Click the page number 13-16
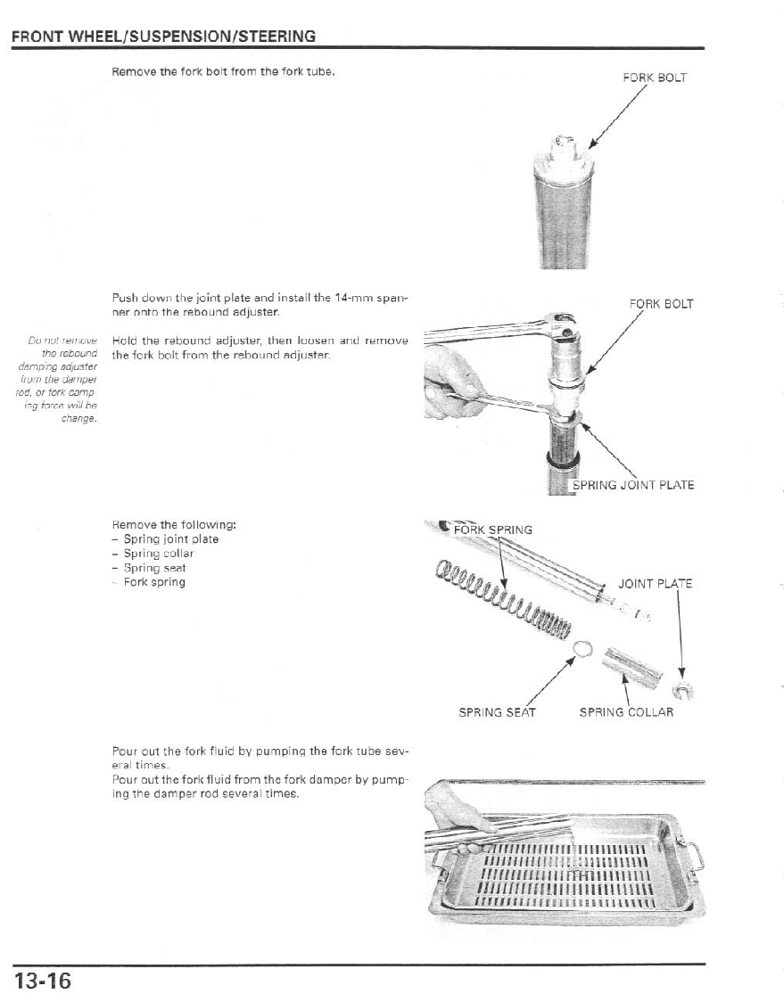click(x=42, y=981)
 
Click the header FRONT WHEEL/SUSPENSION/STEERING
click(x=163, y=37)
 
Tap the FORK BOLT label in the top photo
click(x=655, y=78)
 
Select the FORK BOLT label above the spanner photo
click(x=661, y=304)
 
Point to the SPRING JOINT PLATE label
click(x=632, y=486)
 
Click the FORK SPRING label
click(x=493, y=530)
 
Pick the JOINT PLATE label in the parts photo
click(x=655, y=584)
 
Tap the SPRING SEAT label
click(x=497, y=712)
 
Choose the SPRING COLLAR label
click(x=626, y=712)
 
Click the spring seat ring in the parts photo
click(x=582, y=648)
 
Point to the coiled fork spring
click(x=503, y=601)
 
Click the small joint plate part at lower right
click(x=683, y=690)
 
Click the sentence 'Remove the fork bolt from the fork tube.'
click(x=223, y=72)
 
